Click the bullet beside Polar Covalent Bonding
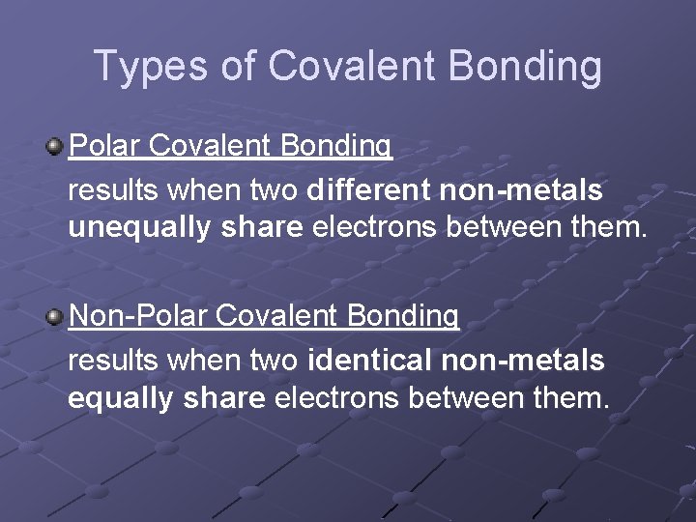tap(55, 147)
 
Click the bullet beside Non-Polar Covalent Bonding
tap(55, 316)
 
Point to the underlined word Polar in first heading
tap(105, 146)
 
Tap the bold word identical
tap(370, 361)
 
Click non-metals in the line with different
tap(521, 190)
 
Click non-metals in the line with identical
tap(523, 361)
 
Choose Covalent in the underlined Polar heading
tap(212, 146)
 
